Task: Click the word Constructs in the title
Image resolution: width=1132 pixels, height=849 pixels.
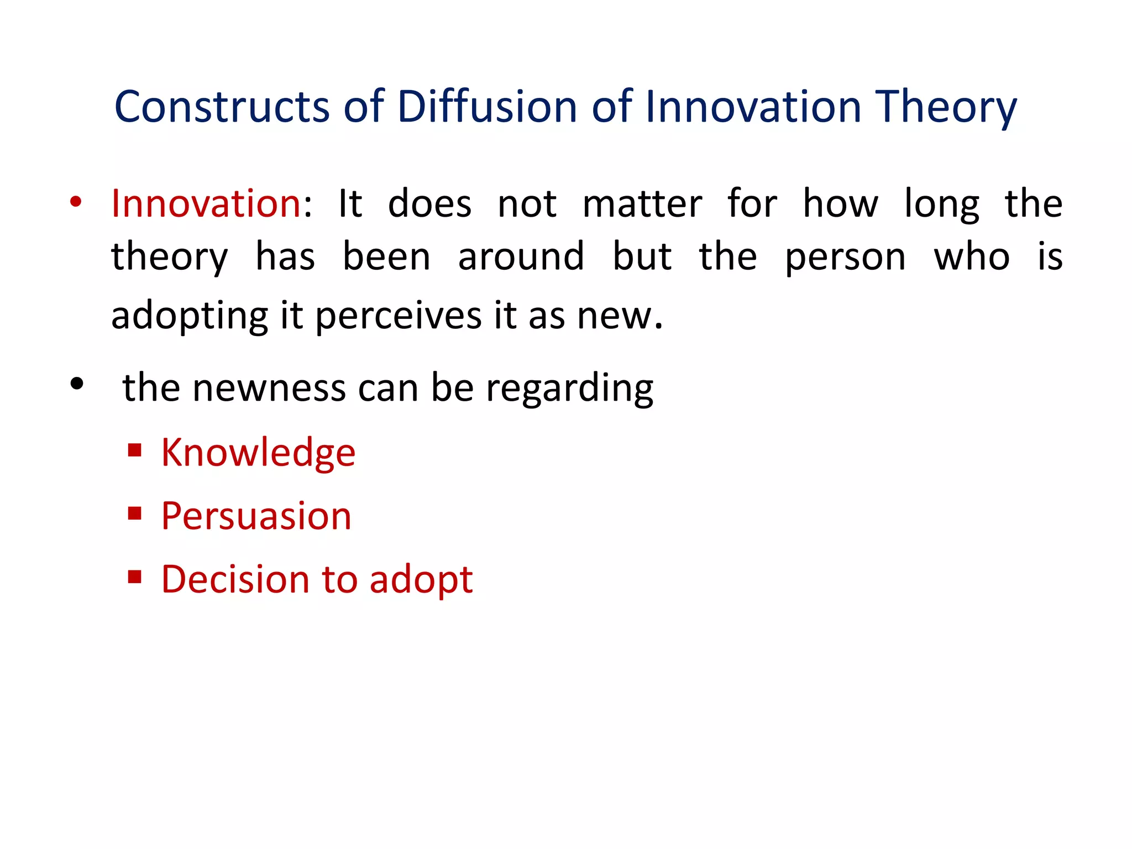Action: point(222,106)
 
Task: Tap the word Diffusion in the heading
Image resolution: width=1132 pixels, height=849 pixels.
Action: point(487,106)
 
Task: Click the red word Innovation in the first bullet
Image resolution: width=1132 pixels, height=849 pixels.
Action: point(206,203)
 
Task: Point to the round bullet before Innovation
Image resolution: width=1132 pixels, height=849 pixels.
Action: point(76,202)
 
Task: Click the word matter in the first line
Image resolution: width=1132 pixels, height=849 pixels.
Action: point(642,204)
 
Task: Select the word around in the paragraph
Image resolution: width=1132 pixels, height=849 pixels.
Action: point(521,256)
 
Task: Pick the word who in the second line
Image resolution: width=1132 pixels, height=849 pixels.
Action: point(972,256)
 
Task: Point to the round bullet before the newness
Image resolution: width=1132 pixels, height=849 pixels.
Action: point(77,384)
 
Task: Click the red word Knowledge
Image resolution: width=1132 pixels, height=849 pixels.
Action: point(258,453)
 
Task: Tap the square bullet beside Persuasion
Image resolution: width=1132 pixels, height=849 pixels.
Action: point(134,514)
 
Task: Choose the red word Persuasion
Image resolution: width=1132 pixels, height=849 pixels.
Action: point(256,516)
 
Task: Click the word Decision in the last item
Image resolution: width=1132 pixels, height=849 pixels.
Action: point(235,579)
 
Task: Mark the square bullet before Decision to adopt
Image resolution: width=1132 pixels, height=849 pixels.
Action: point(134,577)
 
